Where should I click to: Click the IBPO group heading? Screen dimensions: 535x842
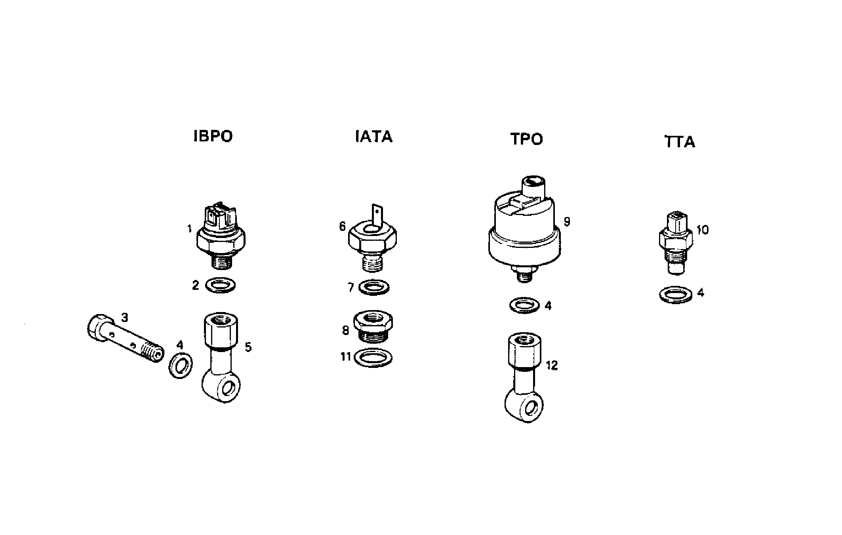[213, 136]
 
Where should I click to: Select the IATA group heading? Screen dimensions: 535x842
[373, 136]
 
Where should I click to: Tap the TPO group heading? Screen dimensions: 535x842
[526, 139]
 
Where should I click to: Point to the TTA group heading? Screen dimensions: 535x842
[680, 142]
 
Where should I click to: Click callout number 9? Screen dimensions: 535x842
[567, 222]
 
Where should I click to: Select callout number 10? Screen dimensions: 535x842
[702, 230]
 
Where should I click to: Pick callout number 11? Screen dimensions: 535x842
[346, 357]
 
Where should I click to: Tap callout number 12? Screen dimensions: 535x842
[552, 365]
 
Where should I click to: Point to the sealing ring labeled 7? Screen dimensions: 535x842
[373, 287]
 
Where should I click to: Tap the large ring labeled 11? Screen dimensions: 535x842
[373, 358]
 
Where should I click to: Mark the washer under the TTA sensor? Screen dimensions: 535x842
[676, 295]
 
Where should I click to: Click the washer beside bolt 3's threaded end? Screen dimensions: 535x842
[181, 364]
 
